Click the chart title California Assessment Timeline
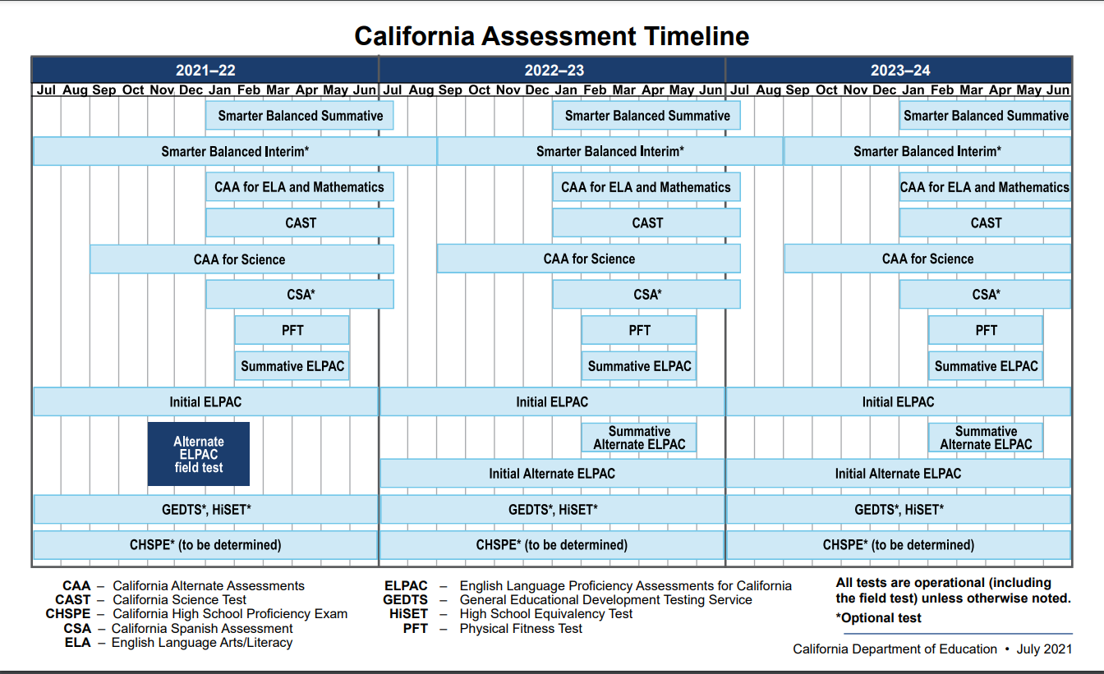click(551, 36)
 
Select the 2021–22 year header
click(205, 70)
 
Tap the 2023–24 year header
click(900, 70)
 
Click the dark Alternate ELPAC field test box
click(199, 454)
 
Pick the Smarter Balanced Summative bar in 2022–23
click(646, 116)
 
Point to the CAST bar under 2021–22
click(300, 222)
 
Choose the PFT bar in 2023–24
click(986, 330)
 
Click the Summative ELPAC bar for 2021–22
click(292, 366)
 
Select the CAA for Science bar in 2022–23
click(589, 259)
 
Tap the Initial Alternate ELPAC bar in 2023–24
click(898, 474)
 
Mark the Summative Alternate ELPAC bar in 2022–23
click(639, 438)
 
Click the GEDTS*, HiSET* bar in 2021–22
click(205, 509)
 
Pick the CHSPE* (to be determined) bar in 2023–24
click(899, 545)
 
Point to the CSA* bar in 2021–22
click(300, 294)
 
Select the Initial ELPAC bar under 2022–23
click(552, 401)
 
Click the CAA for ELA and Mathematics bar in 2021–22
click(299, 187)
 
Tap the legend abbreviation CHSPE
click(68, 614)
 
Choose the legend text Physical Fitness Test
click(521, 628)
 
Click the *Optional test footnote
click(879, 618)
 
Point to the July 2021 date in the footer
click(1044, 649)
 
